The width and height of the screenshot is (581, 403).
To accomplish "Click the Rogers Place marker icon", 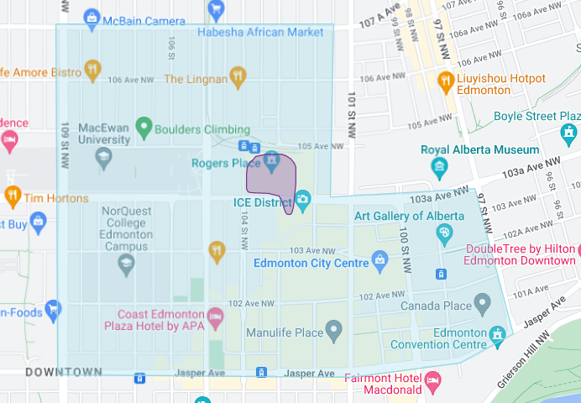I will tap(271, 160).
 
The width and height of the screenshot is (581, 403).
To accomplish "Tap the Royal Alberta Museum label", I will tap(479, 150).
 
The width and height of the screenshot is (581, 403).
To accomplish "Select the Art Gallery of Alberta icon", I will tap(444, 232).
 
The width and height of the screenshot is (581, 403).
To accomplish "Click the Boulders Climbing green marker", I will tap(143, 129).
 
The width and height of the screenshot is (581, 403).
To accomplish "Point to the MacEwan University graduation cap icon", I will tap(103, 157).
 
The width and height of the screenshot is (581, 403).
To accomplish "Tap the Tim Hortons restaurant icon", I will tap(13, 197).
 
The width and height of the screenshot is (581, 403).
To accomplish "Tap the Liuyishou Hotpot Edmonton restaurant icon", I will tap(446, 81).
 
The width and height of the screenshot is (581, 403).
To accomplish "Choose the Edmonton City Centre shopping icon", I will tap(380, 261).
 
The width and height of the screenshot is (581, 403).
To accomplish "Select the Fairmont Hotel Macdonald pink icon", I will tap(433, 384).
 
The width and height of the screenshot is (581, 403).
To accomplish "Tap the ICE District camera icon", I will tap(302, 200).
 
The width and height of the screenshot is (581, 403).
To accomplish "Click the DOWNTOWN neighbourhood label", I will tap(64, 372).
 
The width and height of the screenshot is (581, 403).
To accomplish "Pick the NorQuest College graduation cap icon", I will tap(126, 264).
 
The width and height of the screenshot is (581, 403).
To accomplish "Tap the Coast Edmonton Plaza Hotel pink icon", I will tap(216, 318).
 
